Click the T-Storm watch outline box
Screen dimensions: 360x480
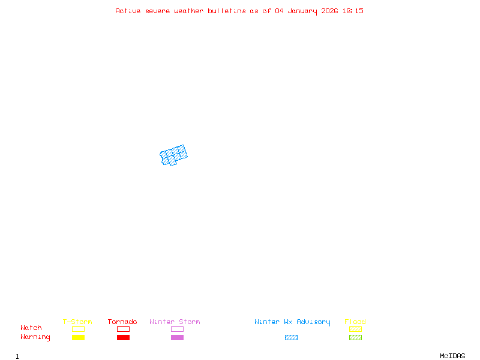coord(78,329)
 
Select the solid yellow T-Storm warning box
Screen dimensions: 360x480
coord(78,337)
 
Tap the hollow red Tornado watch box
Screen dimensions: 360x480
coord(123,329)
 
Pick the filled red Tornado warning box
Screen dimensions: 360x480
coord(123,337)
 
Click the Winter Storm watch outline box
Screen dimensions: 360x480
coord(177,329)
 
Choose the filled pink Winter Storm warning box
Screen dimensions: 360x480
coord(177,337)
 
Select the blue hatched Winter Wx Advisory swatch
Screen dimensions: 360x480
coord(291,337)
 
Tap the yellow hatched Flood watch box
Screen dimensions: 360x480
coord(355,329)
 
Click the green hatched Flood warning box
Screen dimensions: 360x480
coord(355,337)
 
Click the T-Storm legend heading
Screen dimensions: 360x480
coord(77,322)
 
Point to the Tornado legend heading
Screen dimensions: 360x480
coord(122,322)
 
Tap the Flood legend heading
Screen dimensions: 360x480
coord(355,322)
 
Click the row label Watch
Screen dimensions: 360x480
coord(31,328)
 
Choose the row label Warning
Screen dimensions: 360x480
coord(35,337)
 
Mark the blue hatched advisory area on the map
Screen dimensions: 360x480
coord(173,155)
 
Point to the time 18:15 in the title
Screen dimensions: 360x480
coord(353,11)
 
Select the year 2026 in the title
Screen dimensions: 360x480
coord(329,11)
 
